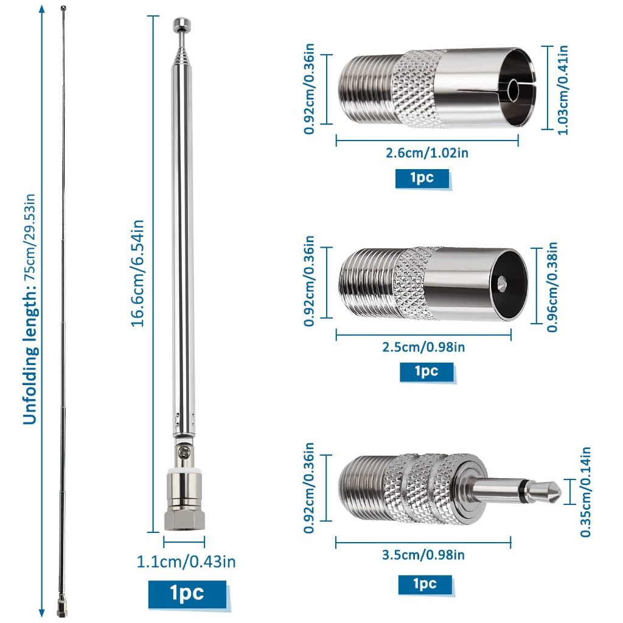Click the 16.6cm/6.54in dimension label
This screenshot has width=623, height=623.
pyautogui.click(x=137, y=273)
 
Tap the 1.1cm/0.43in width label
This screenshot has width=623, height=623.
pyautogui.click(x=186, y=562)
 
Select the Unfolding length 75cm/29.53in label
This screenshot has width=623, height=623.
pyautogui.click(x=30, y=310)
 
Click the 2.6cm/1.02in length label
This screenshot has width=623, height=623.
pyautogui.click(x=426, y=153)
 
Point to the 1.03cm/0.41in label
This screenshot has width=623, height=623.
pyautogui.click(x=563, y=90)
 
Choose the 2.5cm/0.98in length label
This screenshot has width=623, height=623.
pyautogui.click(x=423, y=347)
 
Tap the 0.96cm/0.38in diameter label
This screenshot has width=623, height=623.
pyautogui.click(x=552, y=287)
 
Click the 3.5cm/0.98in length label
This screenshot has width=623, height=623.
pyautogui.click(x=423, y=555)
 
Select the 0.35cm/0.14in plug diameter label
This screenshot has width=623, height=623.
pyautogui.click(x=585, y=492)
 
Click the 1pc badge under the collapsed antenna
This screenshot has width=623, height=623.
pyautogui.click(x=187, y=594)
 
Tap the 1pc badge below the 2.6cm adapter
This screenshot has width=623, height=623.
pyautogui.click(x=422, y=178)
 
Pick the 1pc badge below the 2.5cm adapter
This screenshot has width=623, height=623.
pyautogui.click(x=426, y=372)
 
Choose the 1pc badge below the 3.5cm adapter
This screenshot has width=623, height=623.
pyautogui.click(x=425, y=585)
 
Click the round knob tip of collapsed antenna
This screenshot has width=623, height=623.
pyautogui.click(x=181, y=24)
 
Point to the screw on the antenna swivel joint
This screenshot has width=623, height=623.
pyautogui.click(x=184, y=451)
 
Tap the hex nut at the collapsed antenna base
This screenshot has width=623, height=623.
pyautogui.click(x=184, y=520)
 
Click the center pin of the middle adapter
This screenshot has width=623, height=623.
pyautogui.click(x=502, y=283)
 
